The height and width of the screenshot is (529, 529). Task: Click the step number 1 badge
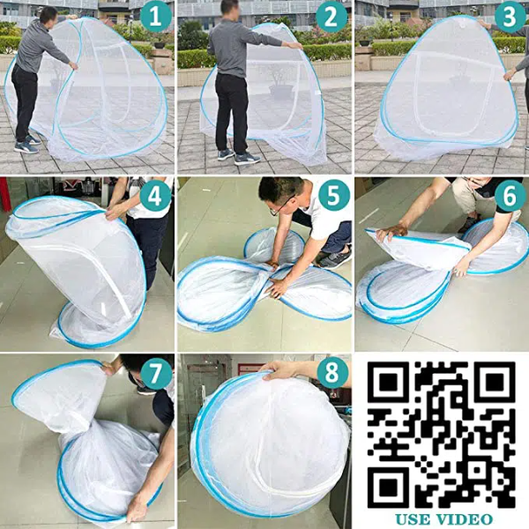click(156, 17)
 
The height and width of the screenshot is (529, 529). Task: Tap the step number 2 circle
click(331, 17)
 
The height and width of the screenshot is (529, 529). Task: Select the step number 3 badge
click(510, 17)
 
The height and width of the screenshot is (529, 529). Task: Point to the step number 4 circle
click(155, 197)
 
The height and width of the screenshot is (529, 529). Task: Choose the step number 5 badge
click(332, 197)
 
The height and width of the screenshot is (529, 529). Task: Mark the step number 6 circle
click(510, 197)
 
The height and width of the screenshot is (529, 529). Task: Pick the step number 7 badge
click(155, 374)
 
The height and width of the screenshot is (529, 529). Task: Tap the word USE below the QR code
click(413, 519)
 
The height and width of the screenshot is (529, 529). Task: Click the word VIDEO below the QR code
click(465, 519)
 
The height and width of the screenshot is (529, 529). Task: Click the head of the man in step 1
click(48, 14)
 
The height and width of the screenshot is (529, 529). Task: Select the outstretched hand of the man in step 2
click(296, 45)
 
